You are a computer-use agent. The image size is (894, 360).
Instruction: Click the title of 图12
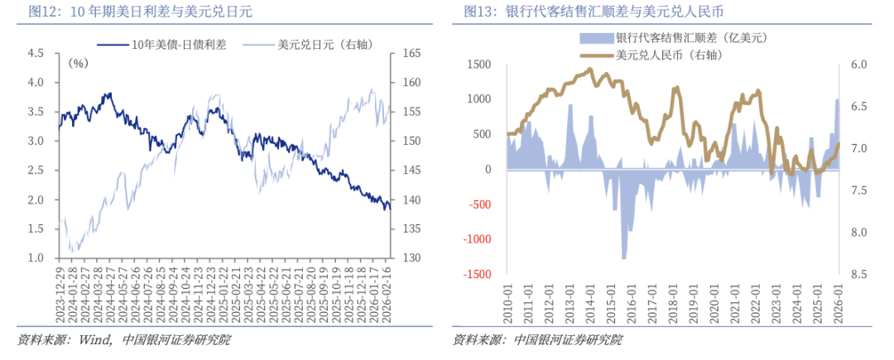pos(140,12)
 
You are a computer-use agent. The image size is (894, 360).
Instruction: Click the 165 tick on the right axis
pos(411,53)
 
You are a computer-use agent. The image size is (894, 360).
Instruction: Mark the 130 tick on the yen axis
pos(411,258)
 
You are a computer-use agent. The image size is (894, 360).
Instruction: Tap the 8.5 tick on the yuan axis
pos(858,275)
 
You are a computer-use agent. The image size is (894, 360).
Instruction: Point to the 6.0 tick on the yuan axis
pos(858,64)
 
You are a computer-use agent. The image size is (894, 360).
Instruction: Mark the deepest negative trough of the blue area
pos(625,257)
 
